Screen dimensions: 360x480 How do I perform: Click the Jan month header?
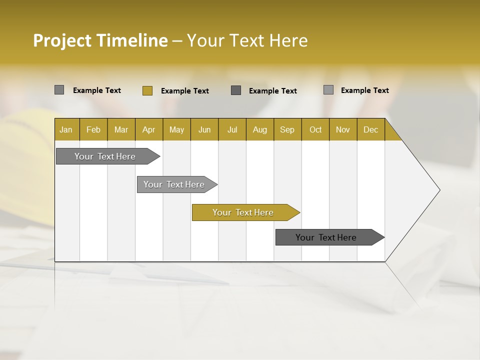[66, 129]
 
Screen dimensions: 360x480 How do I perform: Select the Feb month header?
[93, 129]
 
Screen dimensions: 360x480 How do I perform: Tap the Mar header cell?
[121, 129]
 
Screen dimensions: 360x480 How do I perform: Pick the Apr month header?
[149, 129]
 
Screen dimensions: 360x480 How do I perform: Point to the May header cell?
[176, 129]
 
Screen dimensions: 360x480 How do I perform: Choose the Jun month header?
[204, 129]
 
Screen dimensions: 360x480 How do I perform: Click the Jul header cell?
[232, 129]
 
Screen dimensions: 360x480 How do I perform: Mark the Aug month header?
[260, 129]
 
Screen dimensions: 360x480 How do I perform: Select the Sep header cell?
[287, 129]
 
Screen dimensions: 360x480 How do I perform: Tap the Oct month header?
[315, 129]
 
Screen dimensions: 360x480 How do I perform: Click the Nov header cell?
[343, 129]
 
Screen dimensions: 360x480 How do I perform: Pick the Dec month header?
[371, 129]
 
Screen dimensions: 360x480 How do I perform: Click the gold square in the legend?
[147, 90]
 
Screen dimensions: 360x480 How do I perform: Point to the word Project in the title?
[62, 40]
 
